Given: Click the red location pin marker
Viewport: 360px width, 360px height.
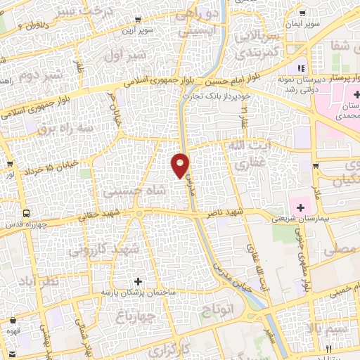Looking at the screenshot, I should coord(181,166).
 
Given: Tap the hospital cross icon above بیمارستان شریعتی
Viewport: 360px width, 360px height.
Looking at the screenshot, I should coord(301,207).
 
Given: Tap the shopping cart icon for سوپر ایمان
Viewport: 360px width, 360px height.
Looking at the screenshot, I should coord(301,13).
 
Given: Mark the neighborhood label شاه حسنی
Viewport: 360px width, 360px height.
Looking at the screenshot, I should coord(127,190).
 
